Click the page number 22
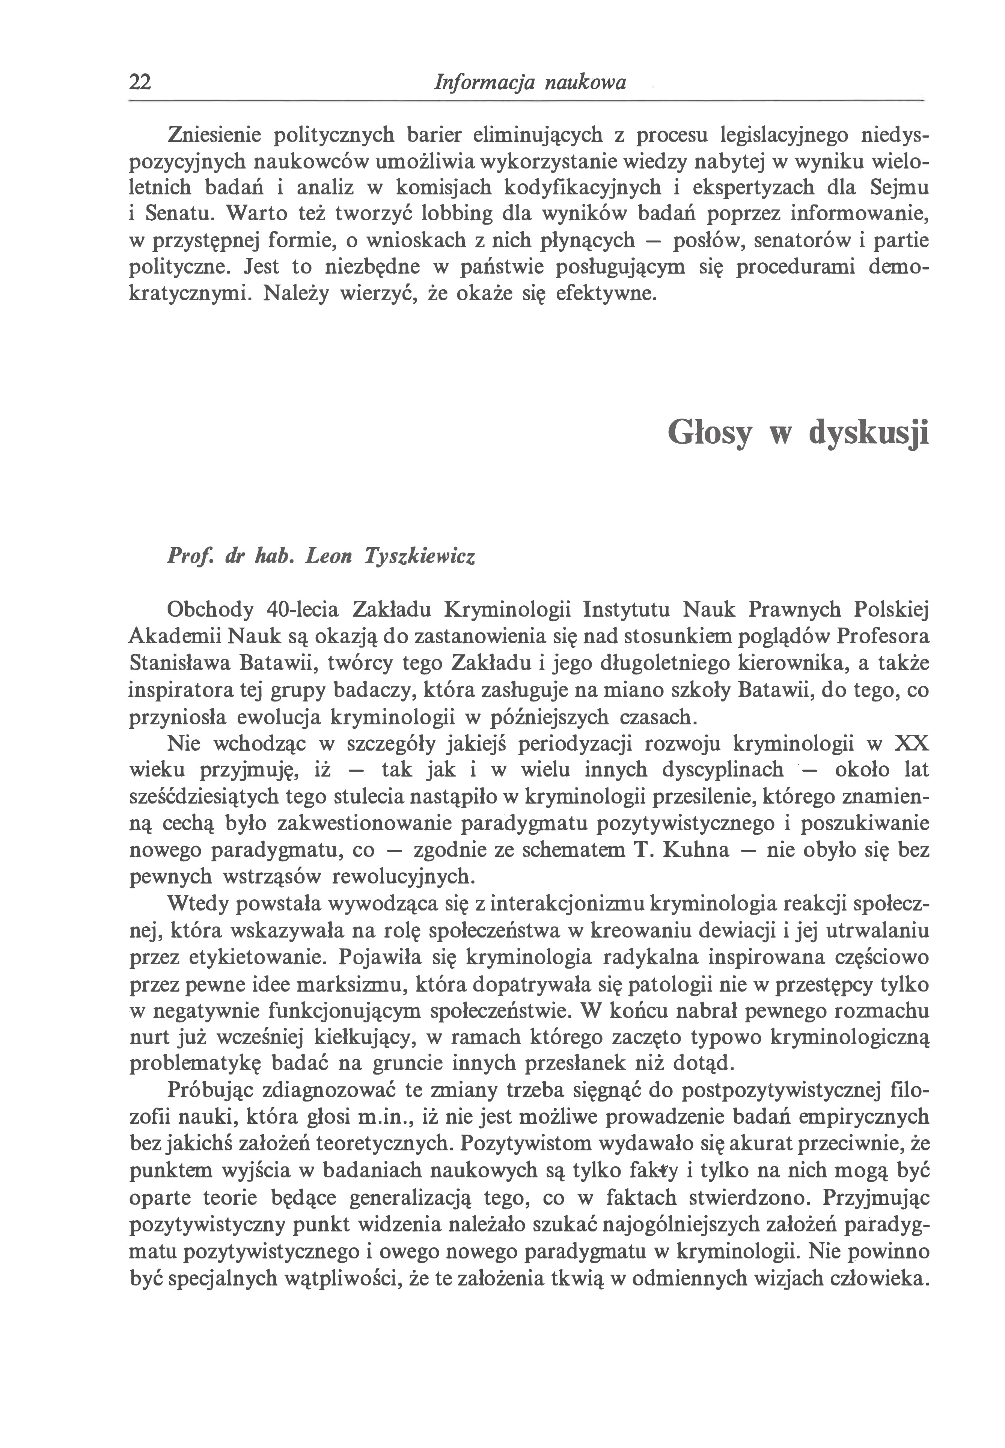140,83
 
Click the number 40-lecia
303,610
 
